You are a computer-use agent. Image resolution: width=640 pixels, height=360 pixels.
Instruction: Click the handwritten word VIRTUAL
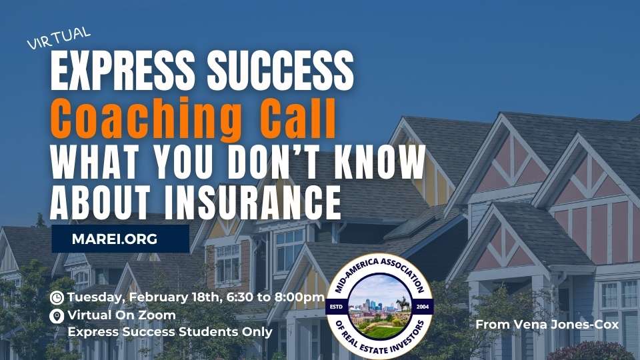coord(59,37)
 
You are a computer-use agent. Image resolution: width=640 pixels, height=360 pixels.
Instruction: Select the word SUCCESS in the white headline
coord(281,70)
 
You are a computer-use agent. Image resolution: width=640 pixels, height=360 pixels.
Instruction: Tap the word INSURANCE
coord(253,203)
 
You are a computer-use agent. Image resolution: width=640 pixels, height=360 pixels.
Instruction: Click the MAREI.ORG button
coord(121,239)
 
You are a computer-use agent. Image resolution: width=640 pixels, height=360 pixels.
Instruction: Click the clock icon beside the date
coord(57,297)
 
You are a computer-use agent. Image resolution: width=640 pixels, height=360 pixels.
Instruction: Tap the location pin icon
coord(57,316)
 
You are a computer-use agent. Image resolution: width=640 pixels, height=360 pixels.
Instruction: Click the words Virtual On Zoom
coord(121,315)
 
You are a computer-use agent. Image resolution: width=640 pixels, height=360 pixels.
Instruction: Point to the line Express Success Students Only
coord(170,332)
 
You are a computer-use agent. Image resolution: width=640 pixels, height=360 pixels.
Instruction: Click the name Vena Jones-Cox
coord(566,325)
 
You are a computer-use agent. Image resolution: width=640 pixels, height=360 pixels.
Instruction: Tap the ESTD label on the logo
coord(336,307)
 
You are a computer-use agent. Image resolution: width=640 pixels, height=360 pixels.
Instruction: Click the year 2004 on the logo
coord(423,307)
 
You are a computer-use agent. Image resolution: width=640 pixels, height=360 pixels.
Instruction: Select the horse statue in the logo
coord(403,304)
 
